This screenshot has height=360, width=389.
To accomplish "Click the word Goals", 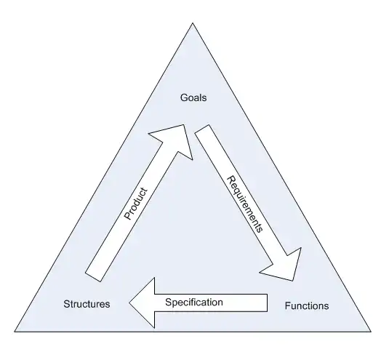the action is [193, 97].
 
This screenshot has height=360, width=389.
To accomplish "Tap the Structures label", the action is [87, 304].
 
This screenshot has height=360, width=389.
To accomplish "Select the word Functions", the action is [307, 306].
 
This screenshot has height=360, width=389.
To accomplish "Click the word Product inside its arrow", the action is [135, 204].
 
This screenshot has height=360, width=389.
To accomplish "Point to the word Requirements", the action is [245, 204].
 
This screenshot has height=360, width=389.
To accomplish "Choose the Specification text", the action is [194, 303].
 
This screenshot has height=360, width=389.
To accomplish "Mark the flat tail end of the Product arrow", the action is [93, 277].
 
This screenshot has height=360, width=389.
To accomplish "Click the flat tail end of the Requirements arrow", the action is [202, 129].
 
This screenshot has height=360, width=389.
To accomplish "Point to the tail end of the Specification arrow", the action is [267, 303].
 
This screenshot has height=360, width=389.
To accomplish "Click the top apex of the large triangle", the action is [193, 23].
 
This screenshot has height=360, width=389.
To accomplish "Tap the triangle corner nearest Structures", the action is [15, 332].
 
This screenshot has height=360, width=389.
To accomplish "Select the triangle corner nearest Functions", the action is [371, 332].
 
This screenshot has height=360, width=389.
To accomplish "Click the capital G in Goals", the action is [184, 97].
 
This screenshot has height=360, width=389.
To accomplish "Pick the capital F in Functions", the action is [287, 306].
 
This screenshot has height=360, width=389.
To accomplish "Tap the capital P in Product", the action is [127, 215].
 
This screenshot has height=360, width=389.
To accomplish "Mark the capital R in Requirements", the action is [231, 180].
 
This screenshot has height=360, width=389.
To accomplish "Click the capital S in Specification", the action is [169, 303].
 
